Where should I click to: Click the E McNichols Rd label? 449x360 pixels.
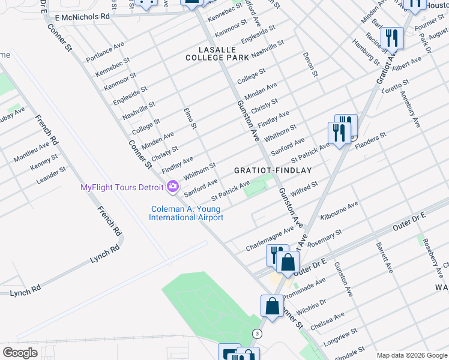coord(81,17)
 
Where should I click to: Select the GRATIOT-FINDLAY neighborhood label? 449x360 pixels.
coord(273,170)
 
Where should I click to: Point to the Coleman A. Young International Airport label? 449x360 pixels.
coord(187,213)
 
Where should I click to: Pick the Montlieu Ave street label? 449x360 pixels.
coord(31,152)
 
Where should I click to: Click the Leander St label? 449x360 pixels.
coord(51,176)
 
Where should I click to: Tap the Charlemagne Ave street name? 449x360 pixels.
coord(269,239)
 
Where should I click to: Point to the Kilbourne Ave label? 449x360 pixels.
coord(340,211)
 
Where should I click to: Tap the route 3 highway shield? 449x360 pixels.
coord(258,334)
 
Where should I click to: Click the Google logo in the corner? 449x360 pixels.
coord(20,353)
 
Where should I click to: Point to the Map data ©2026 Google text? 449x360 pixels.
coord(412,355)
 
